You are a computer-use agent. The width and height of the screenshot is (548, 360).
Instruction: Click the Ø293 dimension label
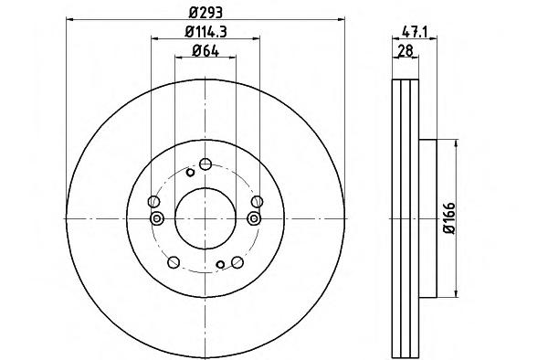click(205, 13)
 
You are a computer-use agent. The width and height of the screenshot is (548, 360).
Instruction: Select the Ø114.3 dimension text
click(205, 32)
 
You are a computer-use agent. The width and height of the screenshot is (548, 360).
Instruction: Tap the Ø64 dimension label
click(205, 51)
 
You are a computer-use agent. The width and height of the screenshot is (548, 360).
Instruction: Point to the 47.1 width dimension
click(415, 32)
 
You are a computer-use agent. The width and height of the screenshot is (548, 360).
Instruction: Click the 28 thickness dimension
click(406, 51)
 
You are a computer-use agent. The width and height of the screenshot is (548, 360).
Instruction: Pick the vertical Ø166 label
click(449, 218)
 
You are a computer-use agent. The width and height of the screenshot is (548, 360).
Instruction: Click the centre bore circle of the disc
click(205, 218)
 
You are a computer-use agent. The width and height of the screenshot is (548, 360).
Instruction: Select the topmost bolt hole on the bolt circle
click(205, 164)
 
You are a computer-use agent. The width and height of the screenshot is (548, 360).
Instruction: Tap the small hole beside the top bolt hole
click(190, 173)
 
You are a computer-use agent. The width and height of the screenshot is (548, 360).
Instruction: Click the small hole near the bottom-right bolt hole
click(220, 265)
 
